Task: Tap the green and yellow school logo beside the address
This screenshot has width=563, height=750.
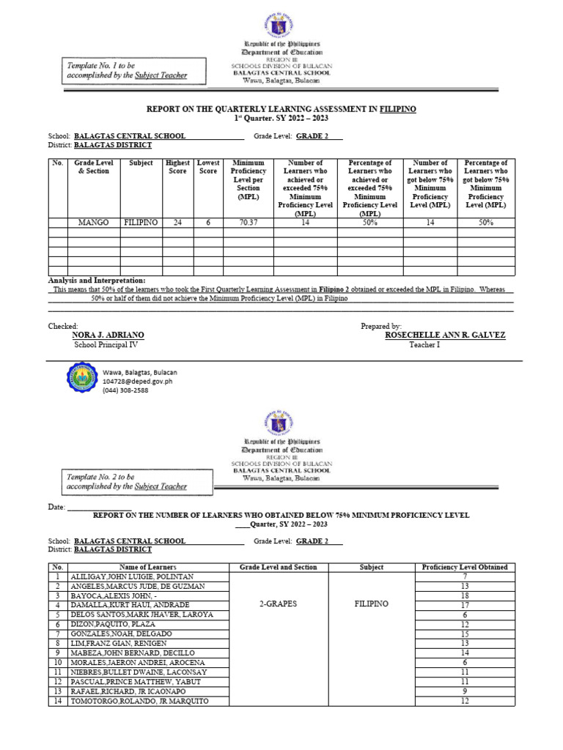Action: click(x=81, y=381)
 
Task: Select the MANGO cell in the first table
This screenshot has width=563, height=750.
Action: click(x=93, y=223)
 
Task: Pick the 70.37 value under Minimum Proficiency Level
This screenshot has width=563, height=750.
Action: click(x=248, y=223)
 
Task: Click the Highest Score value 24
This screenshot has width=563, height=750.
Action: click(x=177, y=223)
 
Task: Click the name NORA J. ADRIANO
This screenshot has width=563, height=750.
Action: click(x=108, y=335)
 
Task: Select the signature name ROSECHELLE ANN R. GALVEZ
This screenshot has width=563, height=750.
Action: click(x=445, y=335)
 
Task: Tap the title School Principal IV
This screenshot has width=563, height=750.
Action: click(x=106, y=344)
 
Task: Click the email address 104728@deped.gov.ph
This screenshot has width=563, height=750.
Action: click(x=138, y=382)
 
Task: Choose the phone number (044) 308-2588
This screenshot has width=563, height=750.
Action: click(x=125, y=390)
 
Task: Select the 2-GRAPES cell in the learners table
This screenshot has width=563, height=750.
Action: click(x=278, y=604)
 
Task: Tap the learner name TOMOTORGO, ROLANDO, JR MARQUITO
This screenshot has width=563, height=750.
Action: click(x=139, y=701)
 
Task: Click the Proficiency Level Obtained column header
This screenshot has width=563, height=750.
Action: click(x=465, y=567)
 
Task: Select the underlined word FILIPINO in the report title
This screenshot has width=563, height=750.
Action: click(x=398, y=108)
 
